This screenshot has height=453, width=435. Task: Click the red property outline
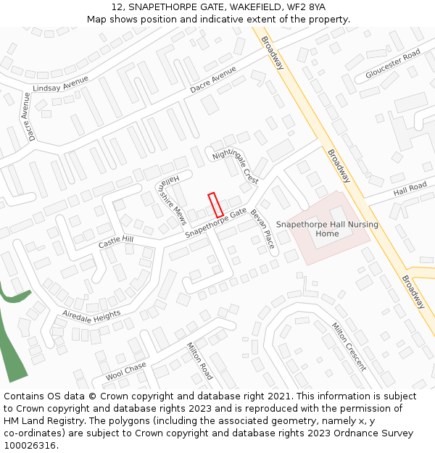[x=215, y=204]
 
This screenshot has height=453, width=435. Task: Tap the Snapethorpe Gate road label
[x=215, y=223]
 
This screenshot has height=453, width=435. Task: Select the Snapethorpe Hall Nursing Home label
[x=327, y=229]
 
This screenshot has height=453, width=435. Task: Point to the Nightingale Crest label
[x=235, y=166]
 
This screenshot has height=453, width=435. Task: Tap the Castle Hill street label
[x=116, y=242]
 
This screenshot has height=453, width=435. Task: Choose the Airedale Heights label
[x=91, y=315]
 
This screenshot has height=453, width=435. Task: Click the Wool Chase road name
[x=125, y=371]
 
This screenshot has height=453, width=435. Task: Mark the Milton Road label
[x=199, y=362]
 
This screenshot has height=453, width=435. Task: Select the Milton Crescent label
[x=349, y=346]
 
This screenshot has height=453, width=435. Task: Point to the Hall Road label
[x=410, y=189]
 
